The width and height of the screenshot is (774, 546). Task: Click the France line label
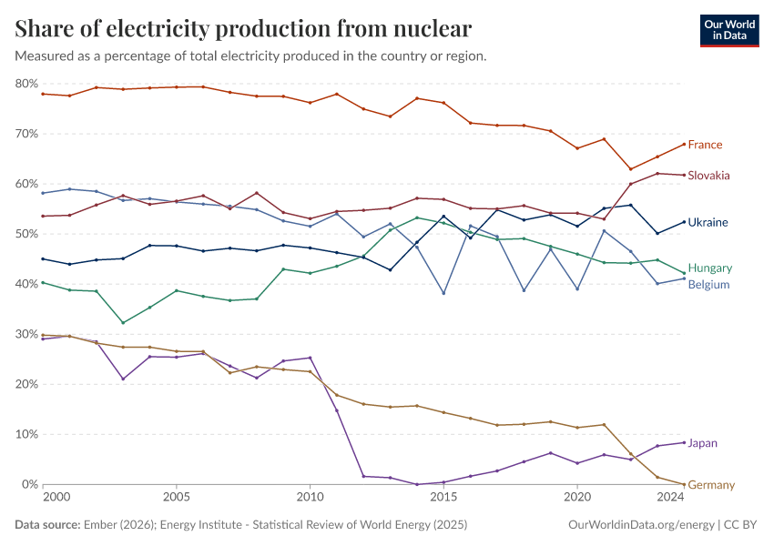coord(705,145)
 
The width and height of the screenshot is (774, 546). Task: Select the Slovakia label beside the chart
coord(708,176)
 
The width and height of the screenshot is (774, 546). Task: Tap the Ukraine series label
coord(707,222)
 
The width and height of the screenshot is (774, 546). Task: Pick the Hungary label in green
coord(709,268)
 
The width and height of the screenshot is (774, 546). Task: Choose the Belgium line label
coord(708,285)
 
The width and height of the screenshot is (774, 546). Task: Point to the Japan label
coord(702,444)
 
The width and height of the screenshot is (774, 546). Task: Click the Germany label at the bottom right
coord(710,485)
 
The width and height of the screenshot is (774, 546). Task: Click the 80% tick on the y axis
coord(26,84)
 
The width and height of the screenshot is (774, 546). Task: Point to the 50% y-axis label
coord(26,234)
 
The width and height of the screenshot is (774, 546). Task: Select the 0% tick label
coord(30,485)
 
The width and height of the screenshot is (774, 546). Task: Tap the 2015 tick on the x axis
coord(443,498)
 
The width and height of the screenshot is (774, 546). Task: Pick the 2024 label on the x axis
coord(670,498)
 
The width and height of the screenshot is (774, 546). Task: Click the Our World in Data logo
coord(728,30)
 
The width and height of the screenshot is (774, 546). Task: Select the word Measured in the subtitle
coord(46,56)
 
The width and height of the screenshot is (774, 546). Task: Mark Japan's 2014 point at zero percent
coord(417,484)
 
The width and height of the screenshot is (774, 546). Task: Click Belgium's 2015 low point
coord(443,293)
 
